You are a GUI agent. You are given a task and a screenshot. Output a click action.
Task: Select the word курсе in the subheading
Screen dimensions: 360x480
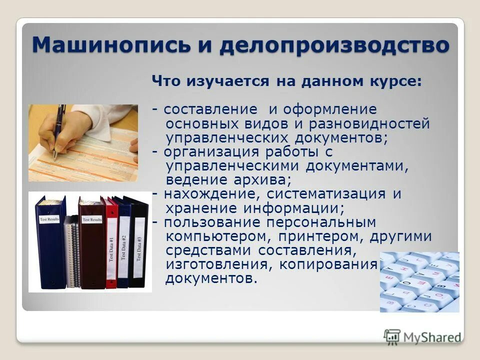[396, 81]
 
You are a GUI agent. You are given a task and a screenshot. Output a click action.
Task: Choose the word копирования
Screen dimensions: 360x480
[327, 263]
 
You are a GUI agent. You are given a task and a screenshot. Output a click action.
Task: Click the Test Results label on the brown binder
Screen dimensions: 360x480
[92, 219]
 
